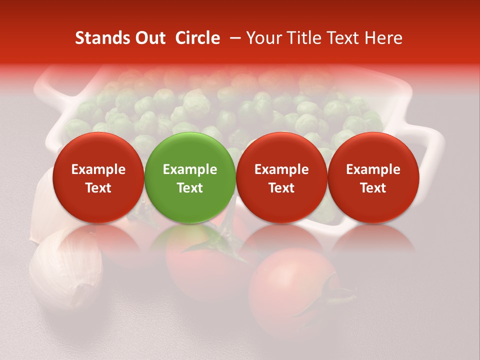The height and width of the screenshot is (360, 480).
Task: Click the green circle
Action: pos(189,177)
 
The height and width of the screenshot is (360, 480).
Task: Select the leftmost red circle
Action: pos(98,177)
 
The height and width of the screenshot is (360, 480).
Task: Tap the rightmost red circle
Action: pos(373,177)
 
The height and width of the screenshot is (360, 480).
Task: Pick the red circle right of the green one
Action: pos(281,177)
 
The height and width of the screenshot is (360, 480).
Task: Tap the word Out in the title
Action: pos(148,38)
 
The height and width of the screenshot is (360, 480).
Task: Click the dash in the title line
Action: pos(233,38)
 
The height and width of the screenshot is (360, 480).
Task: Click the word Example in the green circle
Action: pos(190,169)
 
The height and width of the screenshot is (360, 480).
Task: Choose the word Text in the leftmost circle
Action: pos(98,187)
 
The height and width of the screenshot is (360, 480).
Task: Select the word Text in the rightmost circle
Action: pos(373,187)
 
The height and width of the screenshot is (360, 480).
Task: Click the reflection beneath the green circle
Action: pos(189,237)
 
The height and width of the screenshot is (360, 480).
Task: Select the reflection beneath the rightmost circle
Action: pos(373,237)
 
